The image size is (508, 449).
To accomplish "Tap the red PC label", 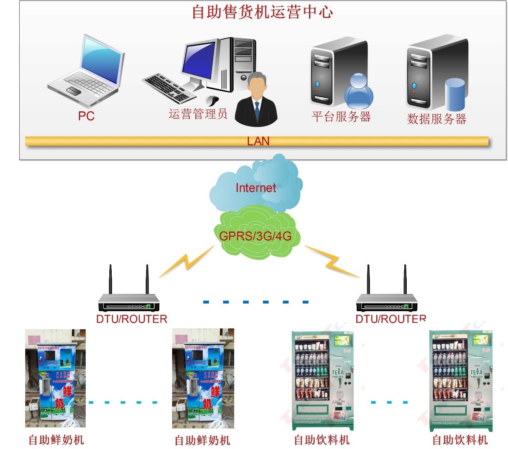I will click(86, 116).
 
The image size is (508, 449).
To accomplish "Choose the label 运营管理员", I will click(198, 114).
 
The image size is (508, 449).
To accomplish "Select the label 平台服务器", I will click(341, 117).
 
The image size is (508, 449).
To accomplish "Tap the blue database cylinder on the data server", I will click(455, 95).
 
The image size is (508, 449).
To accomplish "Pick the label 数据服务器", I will click(437, 119).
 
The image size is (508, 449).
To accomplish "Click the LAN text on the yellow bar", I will click(258, 141).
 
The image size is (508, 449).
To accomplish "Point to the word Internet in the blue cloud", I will click(255, 188).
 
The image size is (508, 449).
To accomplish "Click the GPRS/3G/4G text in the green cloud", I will click(255, 236).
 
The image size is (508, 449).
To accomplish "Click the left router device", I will click(129, 302).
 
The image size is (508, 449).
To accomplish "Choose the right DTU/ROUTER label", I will click(390, 319).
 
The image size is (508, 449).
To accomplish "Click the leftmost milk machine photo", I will click(55, 379).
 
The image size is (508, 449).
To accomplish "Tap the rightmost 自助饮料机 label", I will click(460, 440).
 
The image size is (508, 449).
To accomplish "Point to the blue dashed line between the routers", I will click(256, 302).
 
